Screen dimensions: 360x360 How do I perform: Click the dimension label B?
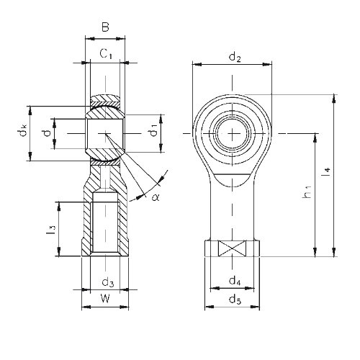(105, 27)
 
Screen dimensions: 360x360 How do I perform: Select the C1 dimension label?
(106, 53)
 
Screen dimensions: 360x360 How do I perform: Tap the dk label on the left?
(23, 130)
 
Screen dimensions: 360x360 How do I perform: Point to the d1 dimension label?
(153, 130)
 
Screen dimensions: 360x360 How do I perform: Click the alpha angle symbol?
(156, 197)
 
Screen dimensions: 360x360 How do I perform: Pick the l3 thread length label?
(51, 230)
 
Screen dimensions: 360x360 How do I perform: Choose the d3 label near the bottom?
(108, 282)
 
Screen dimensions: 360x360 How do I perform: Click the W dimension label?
(105, 299)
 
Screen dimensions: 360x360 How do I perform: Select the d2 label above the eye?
(235, 58)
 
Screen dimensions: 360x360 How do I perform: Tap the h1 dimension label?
(307, 192)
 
